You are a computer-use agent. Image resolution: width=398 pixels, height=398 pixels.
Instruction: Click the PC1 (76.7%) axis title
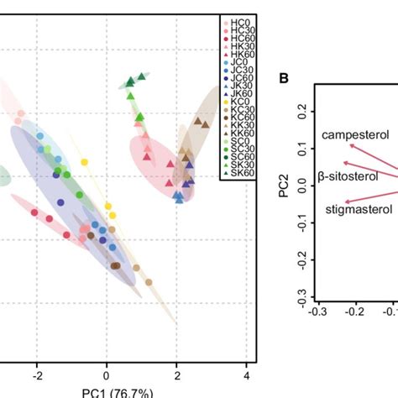point(106,390)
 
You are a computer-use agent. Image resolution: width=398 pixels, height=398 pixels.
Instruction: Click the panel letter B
point(284,79)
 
